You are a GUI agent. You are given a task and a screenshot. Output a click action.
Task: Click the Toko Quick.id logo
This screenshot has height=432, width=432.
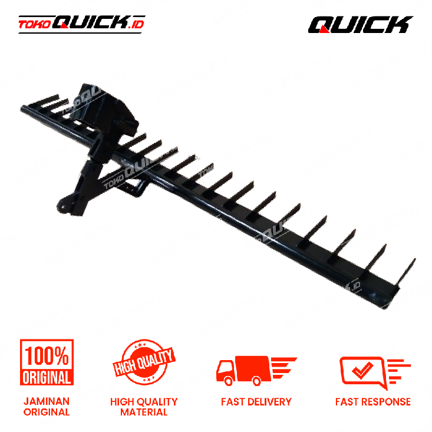pyautogui.click(x=81, y=24)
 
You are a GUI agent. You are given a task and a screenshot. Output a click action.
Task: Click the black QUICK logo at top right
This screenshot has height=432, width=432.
pyautogui.click(x=360, y=25)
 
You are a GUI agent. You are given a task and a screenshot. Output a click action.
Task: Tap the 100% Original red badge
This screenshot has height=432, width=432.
pyautogui.click(x=47, y=362)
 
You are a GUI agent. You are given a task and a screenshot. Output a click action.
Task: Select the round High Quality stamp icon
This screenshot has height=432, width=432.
pyautogui.click(x=144, y=362)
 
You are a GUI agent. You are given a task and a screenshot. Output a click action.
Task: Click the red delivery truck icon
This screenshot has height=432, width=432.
pyautogui.click(x=256, y=371)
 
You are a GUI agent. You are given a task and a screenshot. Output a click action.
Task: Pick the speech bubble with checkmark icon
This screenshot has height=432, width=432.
pyautogui.click(x=375, y=372)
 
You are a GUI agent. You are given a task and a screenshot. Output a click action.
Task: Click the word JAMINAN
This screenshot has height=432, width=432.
pyautogui.click(x=47, y=401)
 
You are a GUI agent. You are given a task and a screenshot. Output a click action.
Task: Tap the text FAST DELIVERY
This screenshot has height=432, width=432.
pyautogui.click(x=256, y=402)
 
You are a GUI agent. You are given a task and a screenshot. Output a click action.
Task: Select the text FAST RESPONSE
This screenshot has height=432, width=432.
pyautogui.click(x=373, y=402)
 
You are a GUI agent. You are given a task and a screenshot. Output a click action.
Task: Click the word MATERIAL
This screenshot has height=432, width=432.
pyautogui.click(x=144, y=412)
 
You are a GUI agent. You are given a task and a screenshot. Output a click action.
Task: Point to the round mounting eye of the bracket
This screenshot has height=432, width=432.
pyautogui.click(x=64, y=206)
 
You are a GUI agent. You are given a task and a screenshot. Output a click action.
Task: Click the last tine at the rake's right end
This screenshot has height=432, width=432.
pyautogui.click(x=405, y=272)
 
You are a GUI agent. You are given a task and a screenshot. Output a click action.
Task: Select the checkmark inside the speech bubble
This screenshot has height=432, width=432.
pyautogui.click(x=362, y=370)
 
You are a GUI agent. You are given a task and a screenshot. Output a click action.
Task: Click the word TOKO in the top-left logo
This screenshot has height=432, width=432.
pyautogui.click(x=34, y=25)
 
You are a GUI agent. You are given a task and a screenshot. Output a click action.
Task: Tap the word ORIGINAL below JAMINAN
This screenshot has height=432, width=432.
pyautogui.click(x=47, y=412)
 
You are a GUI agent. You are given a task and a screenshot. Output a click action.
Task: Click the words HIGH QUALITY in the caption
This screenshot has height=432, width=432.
pyautogui.click(x=144, y=402)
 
